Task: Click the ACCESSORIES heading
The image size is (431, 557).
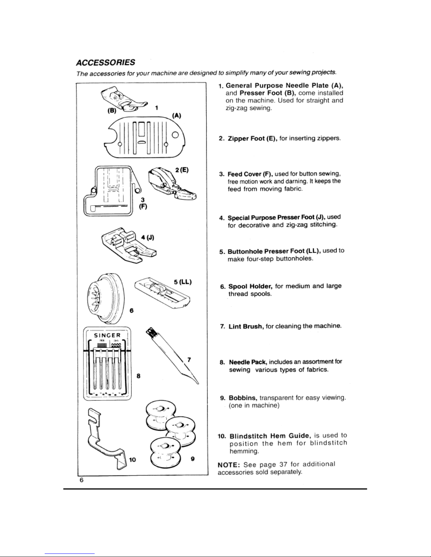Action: (x=106, y=63)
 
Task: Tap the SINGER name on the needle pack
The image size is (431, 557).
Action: (x=107, y=335)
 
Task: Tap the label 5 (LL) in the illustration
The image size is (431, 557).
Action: (x=183, y=282)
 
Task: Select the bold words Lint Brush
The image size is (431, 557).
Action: (x=246, y=326)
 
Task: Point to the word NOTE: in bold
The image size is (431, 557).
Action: (x=229, y=465)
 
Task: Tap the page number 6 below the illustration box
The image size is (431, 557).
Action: (x=81, y=481)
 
